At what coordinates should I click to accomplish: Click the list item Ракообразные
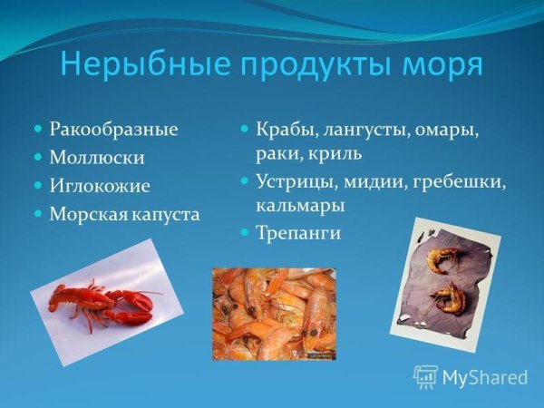coord(114,130)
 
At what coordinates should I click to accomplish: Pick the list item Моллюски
coord(97,158)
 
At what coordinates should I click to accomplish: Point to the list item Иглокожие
coord(100,186)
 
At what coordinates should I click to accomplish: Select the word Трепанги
coord(298,233)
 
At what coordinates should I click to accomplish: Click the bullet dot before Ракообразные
coord(38,130)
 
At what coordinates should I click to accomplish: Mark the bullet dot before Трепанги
coord(245,233)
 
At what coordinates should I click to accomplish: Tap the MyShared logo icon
coord(425,376)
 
